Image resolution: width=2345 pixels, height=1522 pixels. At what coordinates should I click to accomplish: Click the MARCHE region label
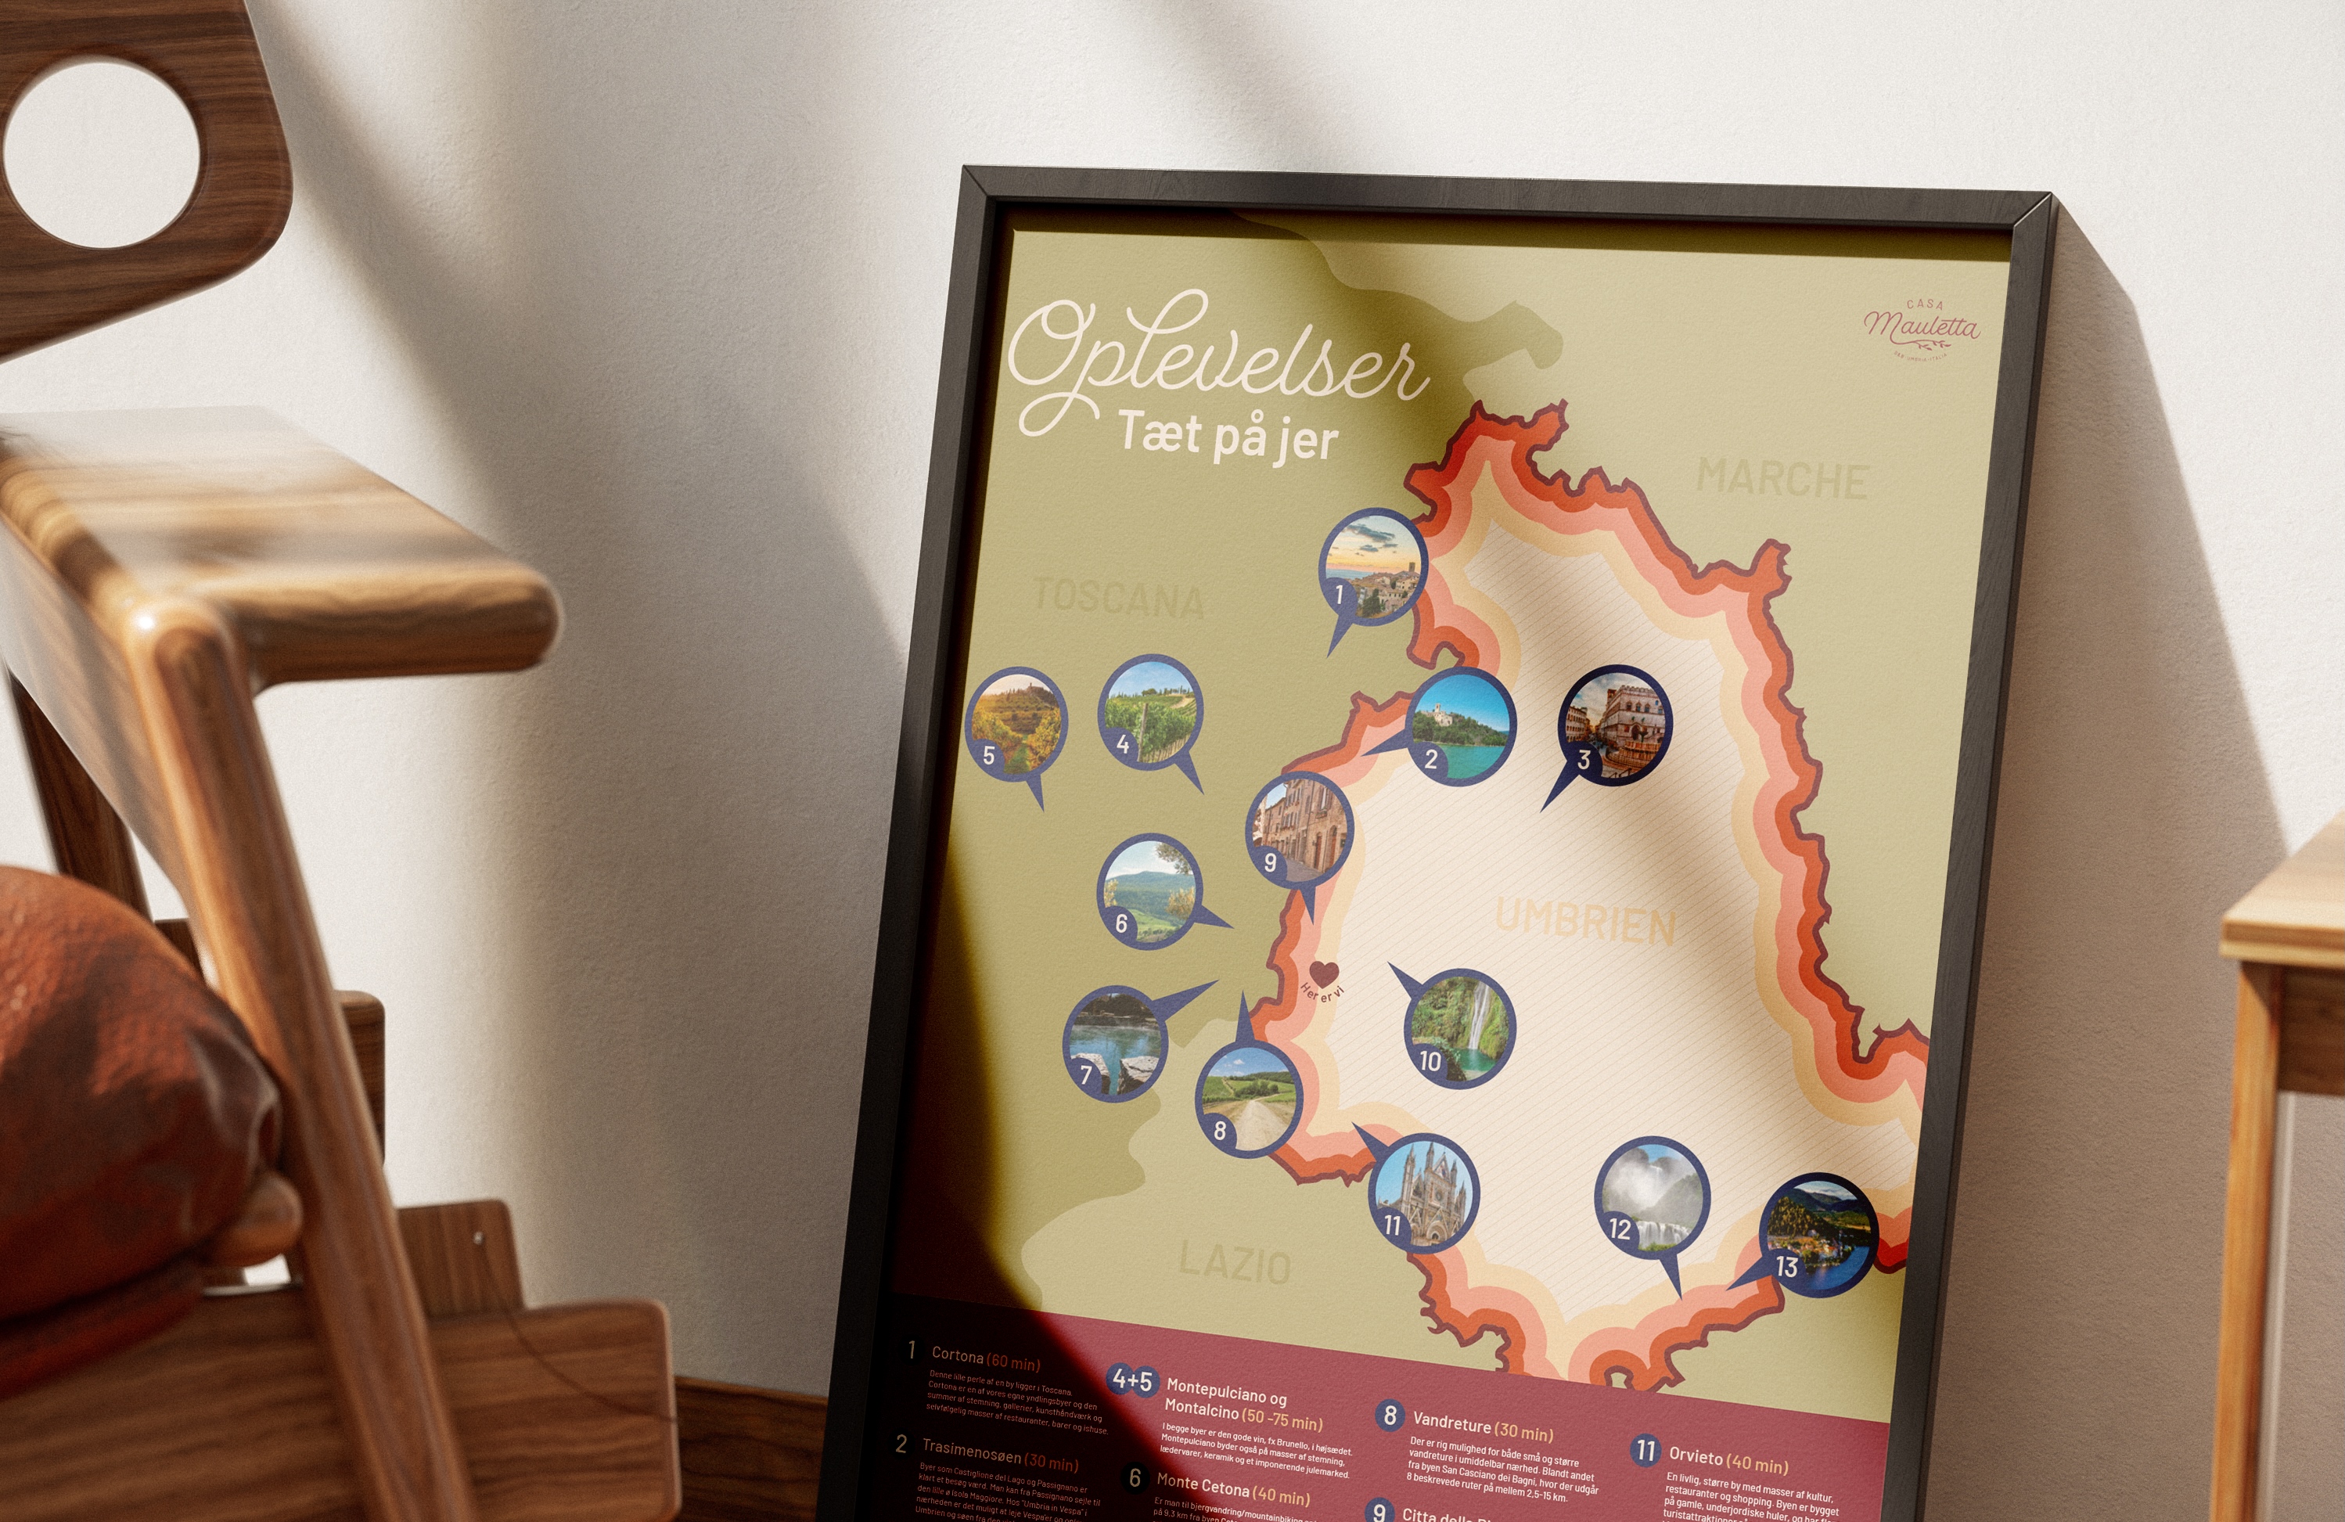(1782, 479)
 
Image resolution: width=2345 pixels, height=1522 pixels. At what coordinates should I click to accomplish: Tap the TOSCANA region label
(1118, 598)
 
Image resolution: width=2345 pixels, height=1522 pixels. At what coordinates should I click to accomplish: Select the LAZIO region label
(1235, 1263)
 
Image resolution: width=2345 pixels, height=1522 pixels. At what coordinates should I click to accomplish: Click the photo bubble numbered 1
(1372, 567)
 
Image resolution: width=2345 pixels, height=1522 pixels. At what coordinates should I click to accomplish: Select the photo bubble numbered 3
(1614, 722)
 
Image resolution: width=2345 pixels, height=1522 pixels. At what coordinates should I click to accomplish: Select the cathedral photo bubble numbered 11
(1424, 1192)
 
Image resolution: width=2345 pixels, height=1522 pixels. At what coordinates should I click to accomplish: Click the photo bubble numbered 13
(1818, 1234)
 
